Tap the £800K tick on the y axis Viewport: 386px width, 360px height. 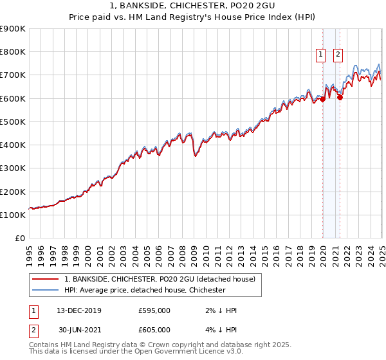click(13, 52)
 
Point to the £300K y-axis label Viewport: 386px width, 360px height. click(13, 168)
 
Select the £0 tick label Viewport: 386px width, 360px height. click(19, 239)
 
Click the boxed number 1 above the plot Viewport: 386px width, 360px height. click(320, 55)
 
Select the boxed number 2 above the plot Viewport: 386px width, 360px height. click(338, 55)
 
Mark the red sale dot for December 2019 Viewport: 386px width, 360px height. click(322, 100)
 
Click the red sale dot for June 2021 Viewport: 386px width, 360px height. click(340, 97)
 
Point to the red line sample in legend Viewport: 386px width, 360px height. click(45, 279)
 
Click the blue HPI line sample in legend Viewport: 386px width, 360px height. click(45, 290)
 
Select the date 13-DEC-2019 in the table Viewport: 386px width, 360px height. click(78, 310)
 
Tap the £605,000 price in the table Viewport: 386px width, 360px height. click(154, 330)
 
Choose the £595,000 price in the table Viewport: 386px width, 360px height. click(154, 310)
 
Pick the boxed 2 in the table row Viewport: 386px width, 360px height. click(33, 330)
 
